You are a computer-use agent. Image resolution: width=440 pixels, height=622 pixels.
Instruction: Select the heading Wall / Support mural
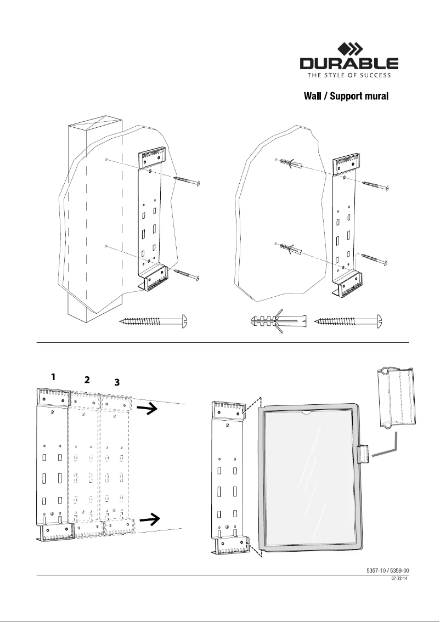point(346,97)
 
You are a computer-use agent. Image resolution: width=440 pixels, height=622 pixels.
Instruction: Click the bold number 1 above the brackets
point(53,377)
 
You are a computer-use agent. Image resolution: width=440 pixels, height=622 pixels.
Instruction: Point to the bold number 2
point(86,379)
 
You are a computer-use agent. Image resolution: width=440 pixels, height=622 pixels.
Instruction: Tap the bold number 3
point(117,382)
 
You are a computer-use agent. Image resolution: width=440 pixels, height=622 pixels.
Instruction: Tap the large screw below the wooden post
point(154,320)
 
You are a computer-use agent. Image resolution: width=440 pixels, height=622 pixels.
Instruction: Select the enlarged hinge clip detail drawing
point(396,397)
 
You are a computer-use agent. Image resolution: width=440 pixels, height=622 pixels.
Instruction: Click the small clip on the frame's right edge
point(363,454)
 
